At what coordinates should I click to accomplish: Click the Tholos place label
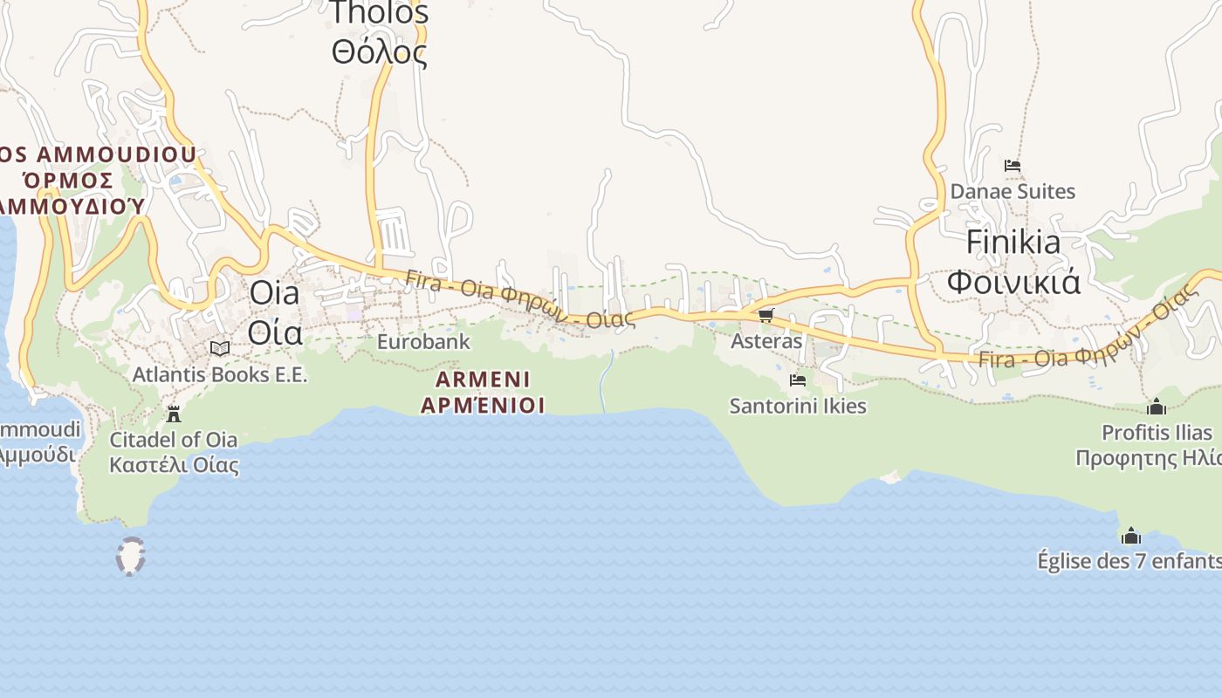(380, 12)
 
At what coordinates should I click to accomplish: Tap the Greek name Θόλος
(380, 51)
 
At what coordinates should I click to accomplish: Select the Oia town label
(274, 293)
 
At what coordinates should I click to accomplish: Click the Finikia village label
(1013, 242)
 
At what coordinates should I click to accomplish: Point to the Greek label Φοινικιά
(1013, 282)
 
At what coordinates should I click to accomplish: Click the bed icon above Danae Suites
(1013, 166)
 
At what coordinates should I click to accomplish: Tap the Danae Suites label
(1013, 191)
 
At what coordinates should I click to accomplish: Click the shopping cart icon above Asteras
(766, 316)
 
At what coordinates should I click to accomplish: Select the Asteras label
(766, 341)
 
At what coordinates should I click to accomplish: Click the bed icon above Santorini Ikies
(798, 380)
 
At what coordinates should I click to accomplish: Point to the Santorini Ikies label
(798, 406)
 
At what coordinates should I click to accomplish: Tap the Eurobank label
(423, 342)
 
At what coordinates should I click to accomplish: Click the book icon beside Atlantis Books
(220, 349)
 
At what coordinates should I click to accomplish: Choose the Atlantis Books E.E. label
(220, 375)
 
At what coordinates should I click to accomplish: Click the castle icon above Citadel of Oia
(174, 414)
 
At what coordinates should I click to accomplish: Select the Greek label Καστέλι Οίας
(174, 464)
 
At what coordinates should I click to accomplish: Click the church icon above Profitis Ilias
(1157, 407)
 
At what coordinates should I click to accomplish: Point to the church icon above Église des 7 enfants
(1131, 535)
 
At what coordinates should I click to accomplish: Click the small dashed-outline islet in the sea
(131, 557)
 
